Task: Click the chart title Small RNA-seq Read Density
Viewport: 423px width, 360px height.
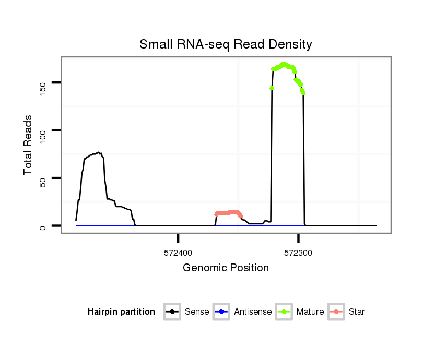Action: pos(226,44)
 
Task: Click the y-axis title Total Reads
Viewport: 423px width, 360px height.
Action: pos(29,145)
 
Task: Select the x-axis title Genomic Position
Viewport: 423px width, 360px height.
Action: pos(226,268)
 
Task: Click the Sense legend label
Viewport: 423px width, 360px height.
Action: pos(197,312)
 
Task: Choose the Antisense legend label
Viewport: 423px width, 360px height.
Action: pos(253,312)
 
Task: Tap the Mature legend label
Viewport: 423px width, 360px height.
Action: pos(310,312)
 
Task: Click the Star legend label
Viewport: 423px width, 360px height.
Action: pos(357,312)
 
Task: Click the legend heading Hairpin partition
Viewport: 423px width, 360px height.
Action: pos(121,312)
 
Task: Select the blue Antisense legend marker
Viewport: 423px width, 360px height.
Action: pos(221,312)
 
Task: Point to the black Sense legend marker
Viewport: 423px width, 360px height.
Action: pos(172,312)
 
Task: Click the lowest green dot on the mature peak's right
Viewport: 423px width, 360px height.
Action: pos(303,93)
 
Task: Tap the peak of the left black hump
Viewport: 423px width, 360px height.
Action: pos(99,153)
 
